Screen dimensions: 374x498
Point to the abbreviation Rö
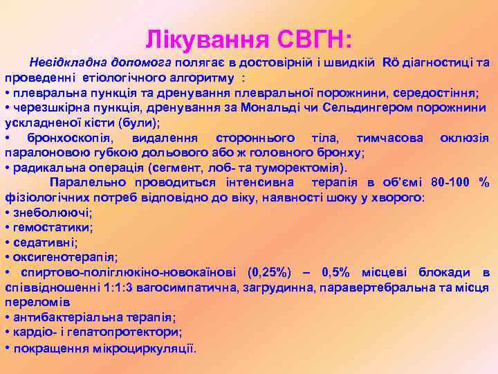(391, 63)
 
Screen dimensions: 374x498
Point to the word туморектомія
(306, 168)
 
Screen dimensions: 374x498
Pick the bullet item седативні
(44, 242)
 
